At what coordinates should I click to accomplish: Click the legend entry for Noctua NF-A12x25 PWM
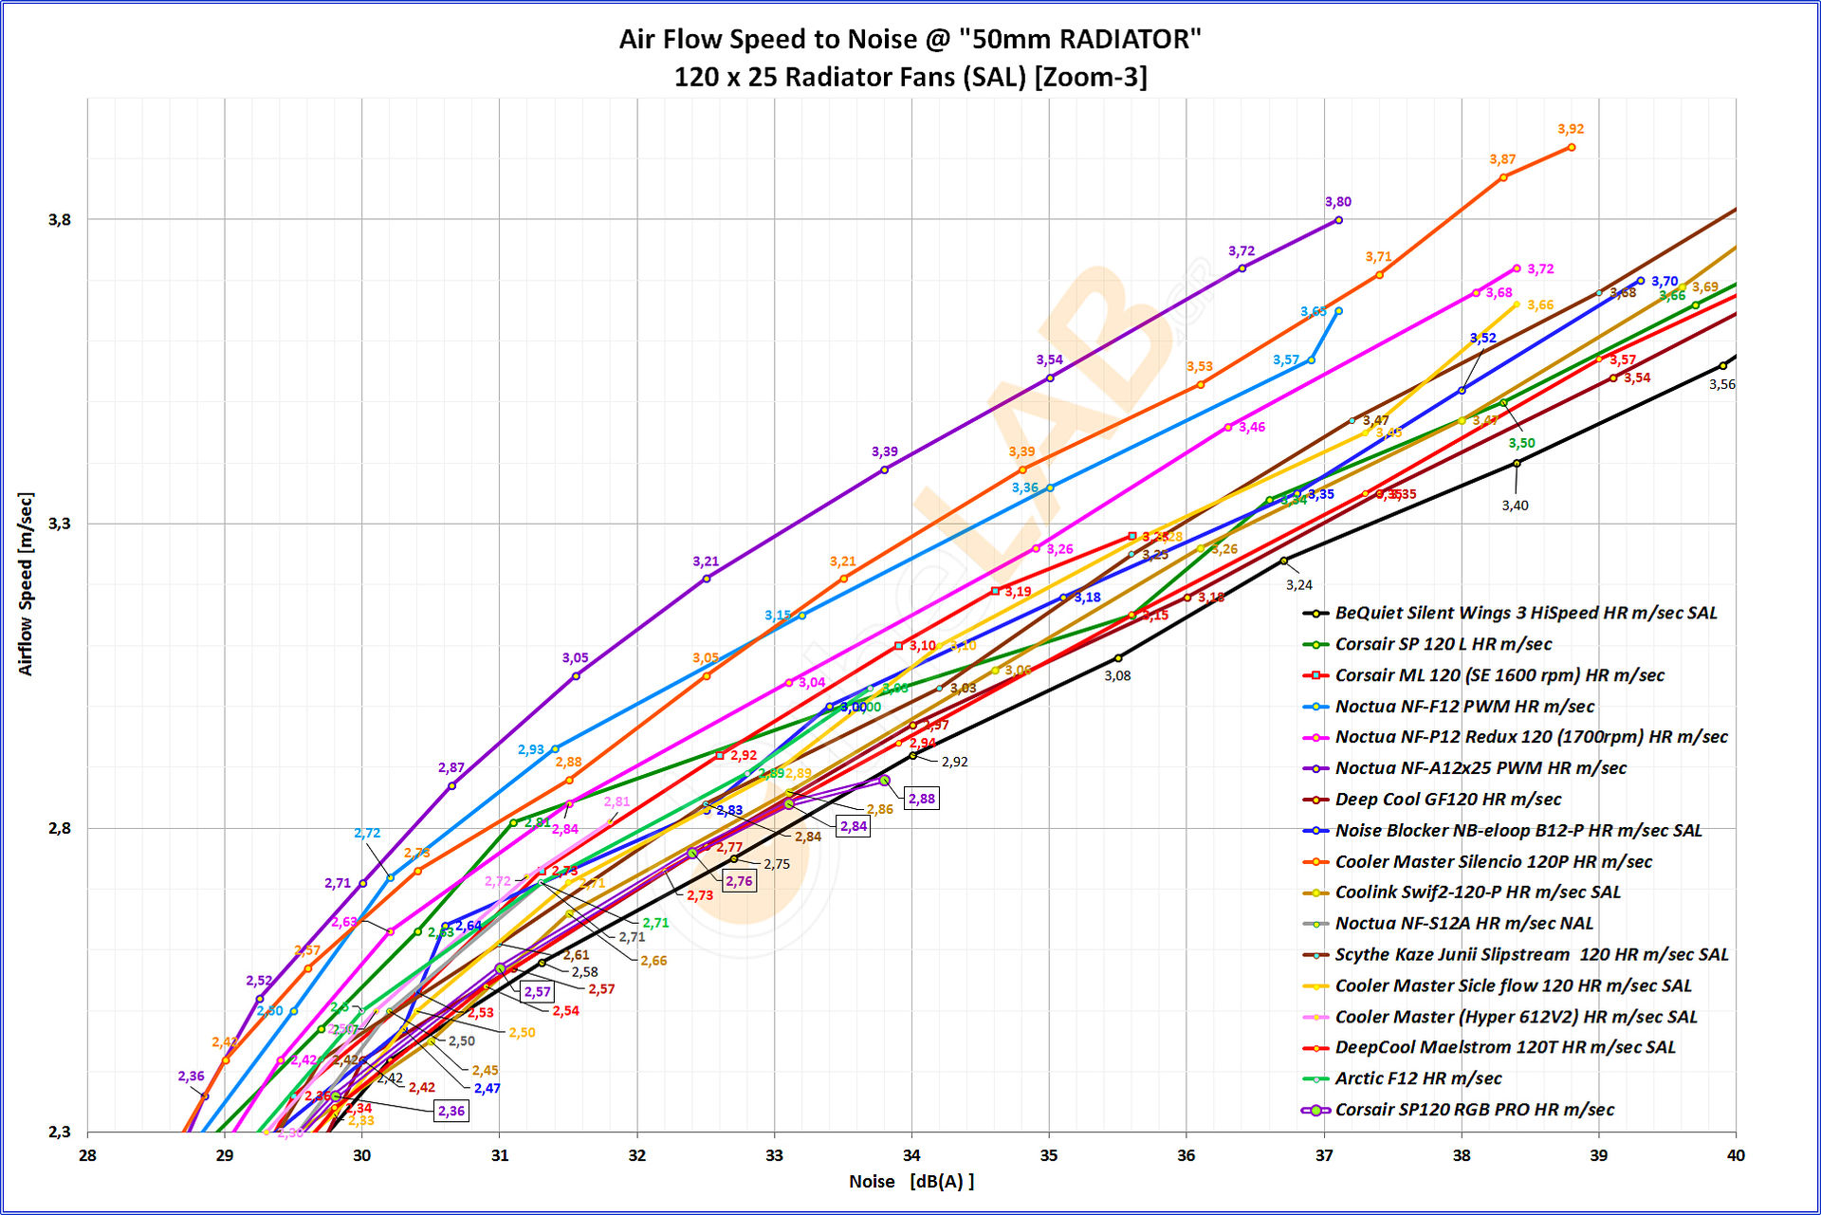1480,768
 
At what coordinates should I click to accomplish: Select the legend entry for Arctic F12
1418,1078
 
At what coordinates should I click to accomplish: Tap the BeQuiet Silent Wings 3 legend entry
1525,613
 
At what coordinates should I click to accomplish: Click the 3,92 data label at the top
1571,129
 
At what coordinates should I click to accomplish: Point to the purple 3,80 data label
1338,202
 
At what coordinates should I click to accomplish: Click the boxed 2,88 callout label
921,799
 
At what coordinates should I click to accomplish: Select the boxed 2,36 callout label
451,1111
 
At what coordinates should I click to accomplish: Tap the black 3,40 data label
1515,506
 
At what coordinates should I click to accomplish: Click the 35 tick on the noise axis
1049,1155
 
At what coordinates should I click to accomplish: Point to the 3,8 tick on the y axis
59,220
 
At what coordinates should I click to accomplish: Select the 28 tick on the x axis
87,1155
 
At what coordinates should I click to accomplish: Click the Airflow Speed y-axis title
26,584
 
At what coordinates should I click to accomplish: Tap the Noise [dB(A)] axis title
911,1182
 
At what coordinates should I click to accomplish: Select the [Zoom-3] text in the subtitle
1091,77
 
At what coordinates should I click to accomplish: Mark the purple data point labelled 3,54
1050,378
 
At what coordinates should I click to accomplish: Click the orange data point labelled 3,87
1503,177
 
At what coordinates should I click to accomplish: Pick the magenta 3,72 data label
1540,269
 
